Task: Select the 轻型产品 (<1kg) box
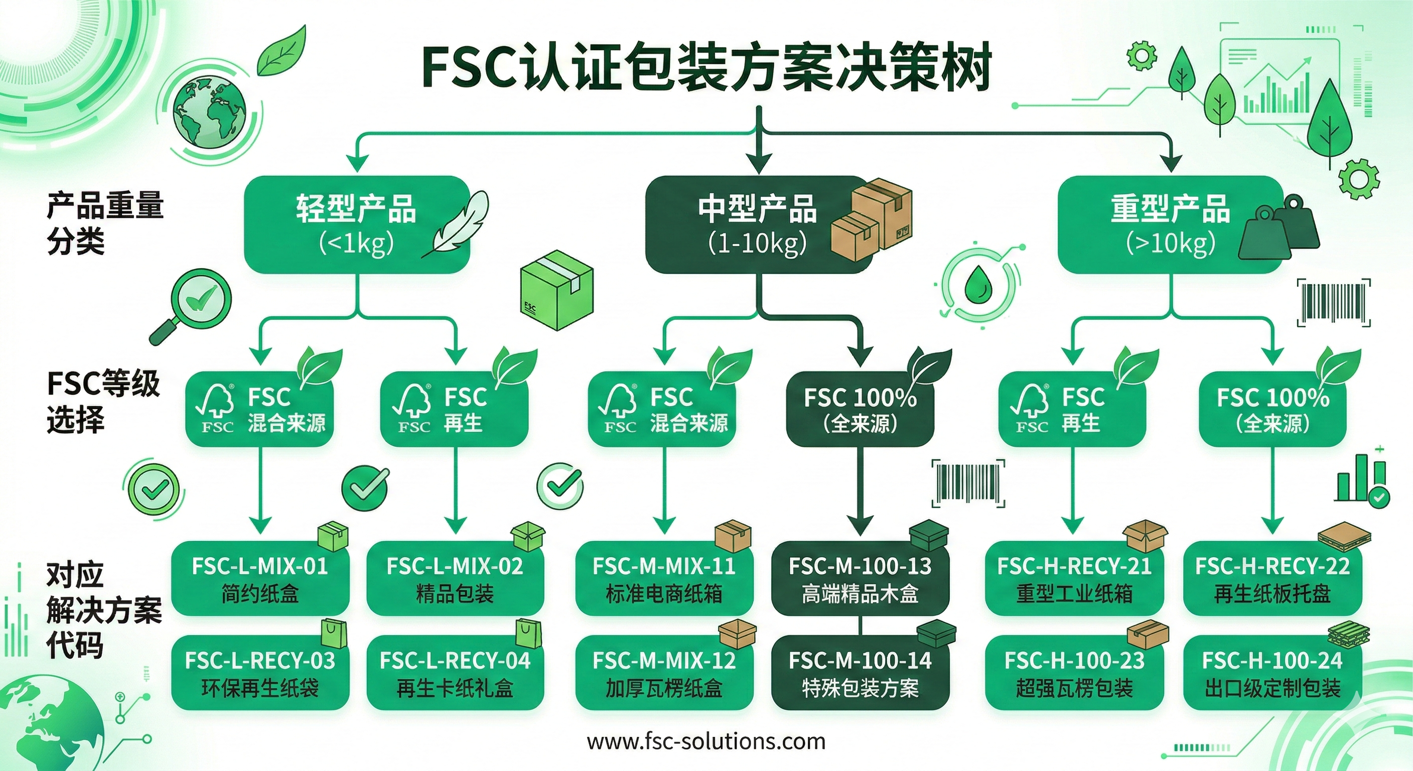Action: (x=357, y=224)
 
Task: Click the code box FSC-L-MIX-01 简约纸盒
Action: (x=260, y=578)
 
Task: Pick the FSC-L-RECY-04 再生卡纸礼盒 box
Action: (x=455, y=673)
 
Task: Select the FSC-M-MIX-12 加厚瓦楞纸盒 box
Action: (x=664, y=673)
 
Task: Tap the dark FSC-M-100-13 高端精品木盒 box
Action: (x=860, y=578)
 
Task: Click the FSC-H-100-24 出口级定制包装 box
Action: (x=1272, y=673)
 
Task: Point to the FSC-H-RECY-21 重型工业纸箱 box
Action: (x=1074, y=578)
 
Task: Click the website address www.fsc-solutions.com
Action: (x=706, y=741)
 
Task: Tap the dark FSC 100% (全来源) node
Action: (x=860, y=410)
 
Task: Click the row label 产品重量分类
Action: (x=104, y=223)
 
